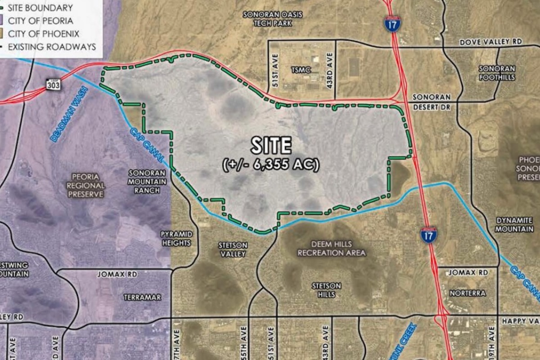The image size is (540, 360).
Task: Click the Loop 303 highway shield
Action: pos(53,84)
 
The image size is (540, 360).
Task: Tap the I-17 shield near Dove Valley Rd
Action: pos(392,24)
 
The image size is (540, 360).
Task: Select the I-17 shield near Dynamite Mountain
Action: pos(429,235)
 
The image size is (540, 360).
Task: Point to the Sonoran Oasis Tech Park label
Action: pos(272,18)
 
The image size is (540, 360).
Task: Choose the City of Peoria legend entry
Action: pos(40,21)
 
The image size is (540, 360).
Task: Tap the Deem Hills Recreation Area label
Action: pos(332,248)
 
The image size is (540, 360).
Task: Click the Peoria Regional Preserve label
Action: pos(85,185)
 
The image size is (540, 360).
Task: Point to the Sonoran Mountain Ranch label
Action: pos(147,181)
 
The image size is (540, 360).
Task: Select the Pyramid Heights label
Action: pos(176,238)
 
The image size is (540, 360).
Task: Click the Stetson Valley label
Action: pos(233,249)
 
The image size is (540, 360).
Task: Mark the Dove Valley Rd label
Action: pos(490,42)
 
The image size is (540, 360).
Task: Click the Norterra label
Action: pos(468,293)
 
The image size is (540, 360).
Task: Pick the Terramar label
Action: pos(142,297)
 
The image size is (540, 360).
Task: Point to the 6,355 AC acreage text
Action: pos(271,165)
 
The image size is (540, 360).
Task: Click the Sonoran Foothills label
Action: pos(496,73)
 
